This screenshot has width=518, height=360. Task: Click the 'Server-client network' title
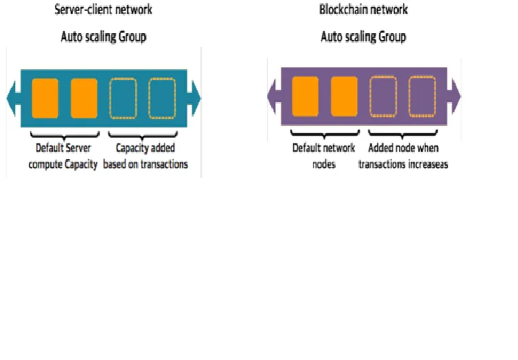(103, 9)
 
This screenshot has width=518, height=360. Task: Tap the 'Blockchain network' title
(364, 9)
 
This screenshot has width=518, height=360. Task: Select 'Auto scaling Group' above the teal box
(104, 37)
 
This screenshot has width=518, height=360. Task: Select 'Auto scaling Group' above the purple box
(364, 37)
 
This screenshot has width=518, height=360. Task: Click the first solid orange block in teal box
(45, 98)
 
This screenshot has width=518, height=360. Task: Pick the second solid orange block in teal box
(84, 98)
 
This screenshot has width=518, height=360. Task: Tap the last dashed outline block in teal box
(162, 98)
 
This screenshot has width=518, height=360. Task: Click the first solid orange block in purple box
(305, 97)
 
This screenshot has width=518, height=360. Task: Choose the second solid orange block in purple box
(344, 97)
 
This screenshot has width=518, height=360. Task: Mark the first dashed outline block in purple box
(383, 97)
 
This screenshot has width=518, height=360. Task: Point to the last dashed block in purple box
(423, 97)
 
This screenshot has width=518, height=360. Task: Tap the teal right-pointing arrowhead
(194, 98)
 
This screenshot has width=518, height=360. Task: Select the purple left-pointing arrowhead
(274, 97)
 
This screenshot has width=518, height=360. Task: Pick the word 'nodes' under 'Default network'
(324, 164)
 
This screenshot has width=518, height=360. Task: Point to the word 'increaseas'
(428, 164)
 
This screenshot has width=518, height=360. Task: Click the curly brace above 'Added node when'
(403, 134)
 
